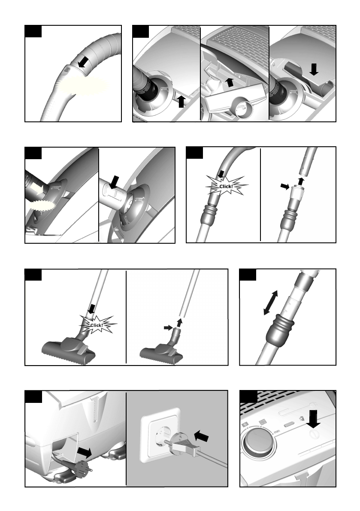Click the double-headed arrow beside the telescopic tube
pos(271,303)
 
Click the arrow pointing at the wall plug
pos(201,436)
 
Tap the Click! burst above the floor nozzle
pos(97,325)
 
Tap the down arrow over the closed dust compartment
pos(314,69)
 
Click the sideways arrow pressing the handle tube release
pos(285,186)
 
